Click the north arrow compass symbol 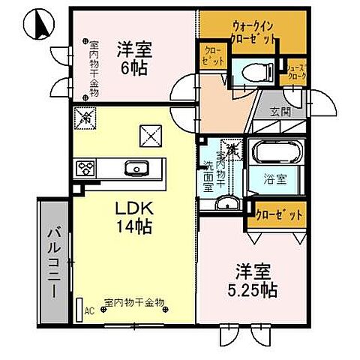37,25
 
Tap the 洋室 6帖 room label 134,58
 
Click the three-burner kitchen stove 83,166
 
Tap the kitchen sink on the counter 135,166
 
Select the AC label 89,309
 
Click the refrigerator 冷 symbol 86,118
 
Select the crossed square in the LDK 151,135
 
